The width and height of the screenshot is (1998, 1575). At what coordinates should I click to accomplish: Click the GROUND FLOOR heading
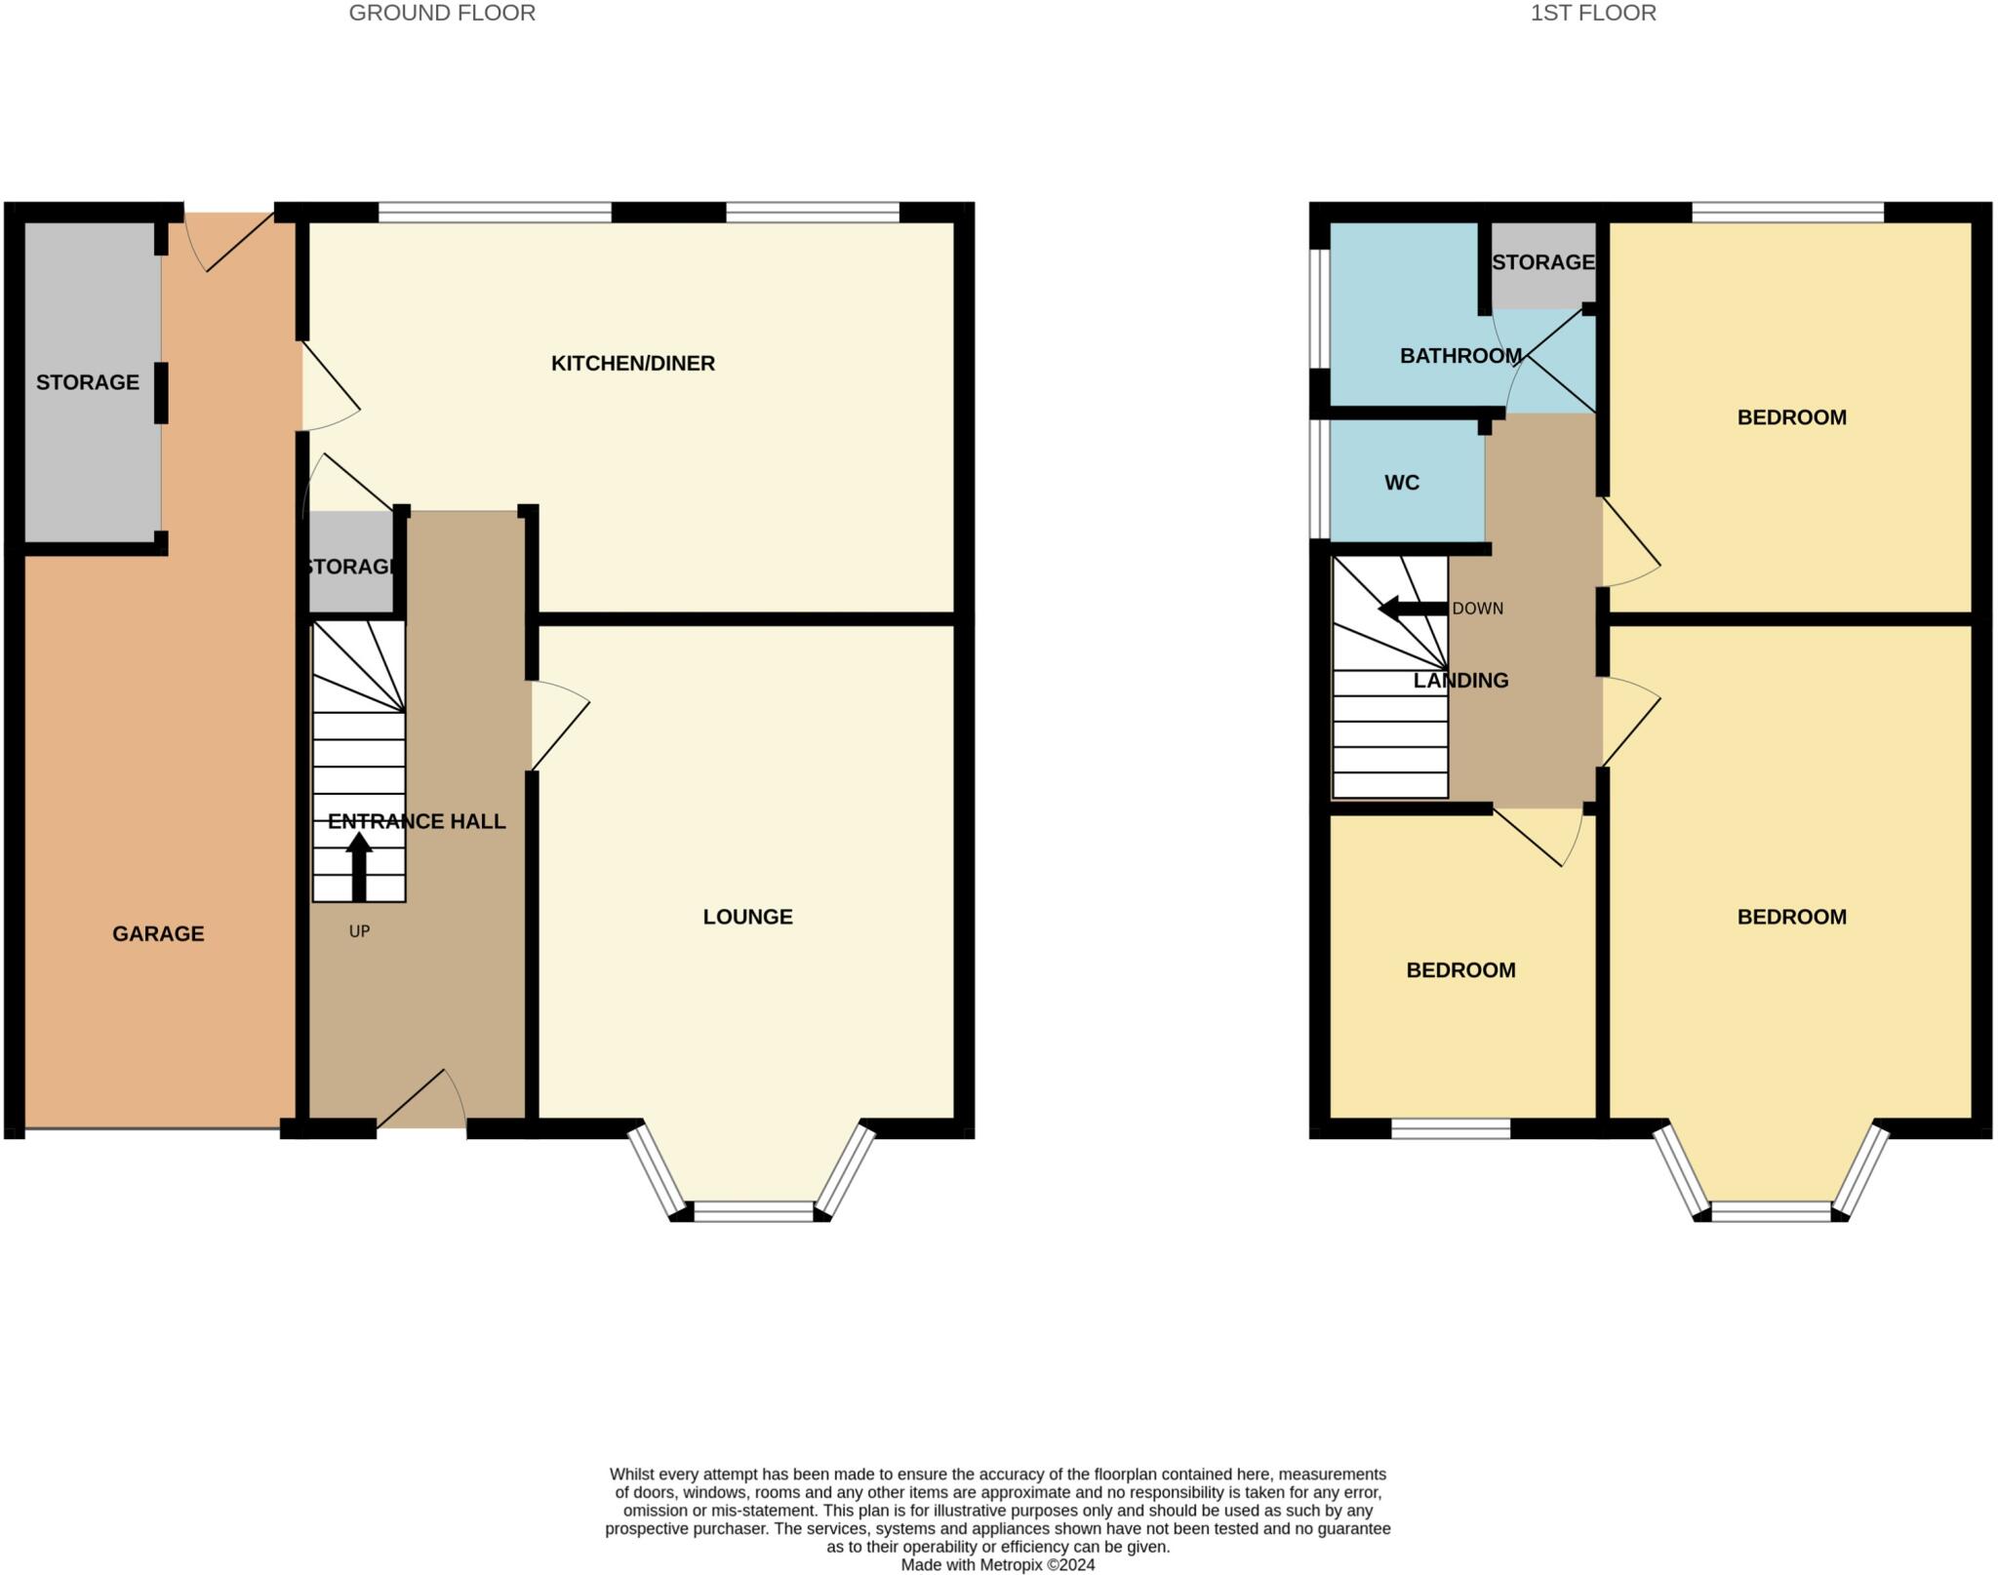tap(442, 14)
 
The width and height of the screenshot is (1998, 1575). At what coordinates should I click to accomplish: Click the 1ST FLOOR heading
tap(1592, 14)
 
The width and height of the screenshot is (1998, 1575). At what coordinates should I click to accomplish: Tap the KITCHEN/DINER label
tap(632, 364)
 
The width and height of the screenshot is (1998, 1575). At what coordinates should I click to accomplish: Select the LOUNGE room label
tap(747, 917)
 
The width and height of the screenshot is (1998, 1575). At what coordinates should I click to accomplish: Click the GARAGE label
tap(158, 934)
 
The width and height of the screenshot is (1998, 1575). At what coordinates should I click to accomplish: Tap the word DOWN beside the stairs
tap(1477, 609)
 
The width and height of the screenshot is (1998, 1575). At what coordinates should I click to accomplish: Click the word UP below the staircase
tap(359, 931)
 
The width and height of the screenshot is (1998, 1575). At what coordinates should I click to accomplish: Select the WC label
tap(1401, 483)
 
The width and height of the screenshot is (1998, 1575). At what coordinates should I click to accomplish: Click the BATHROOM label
tap(1459, 356)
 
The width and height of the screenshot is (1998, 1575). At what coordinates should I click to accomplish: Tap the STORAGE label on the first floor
tap(1542, 262)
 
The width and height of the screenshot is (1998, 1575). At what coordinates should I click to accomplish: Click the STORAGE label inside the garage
tap(88, 382)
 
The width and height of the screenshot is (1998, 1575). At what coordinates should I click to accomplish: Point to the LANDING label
tap(1460, 681)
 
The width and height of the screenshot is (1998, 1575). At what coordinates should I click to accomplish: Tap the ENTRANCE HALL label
tap(417, 822)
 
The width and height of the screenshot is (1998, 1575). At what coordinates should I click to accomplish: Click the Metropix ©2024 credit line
tap(997, 1565)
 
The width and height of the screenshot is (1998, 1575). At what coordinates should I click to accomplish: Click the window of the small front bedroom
tap(1450, 1129)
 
